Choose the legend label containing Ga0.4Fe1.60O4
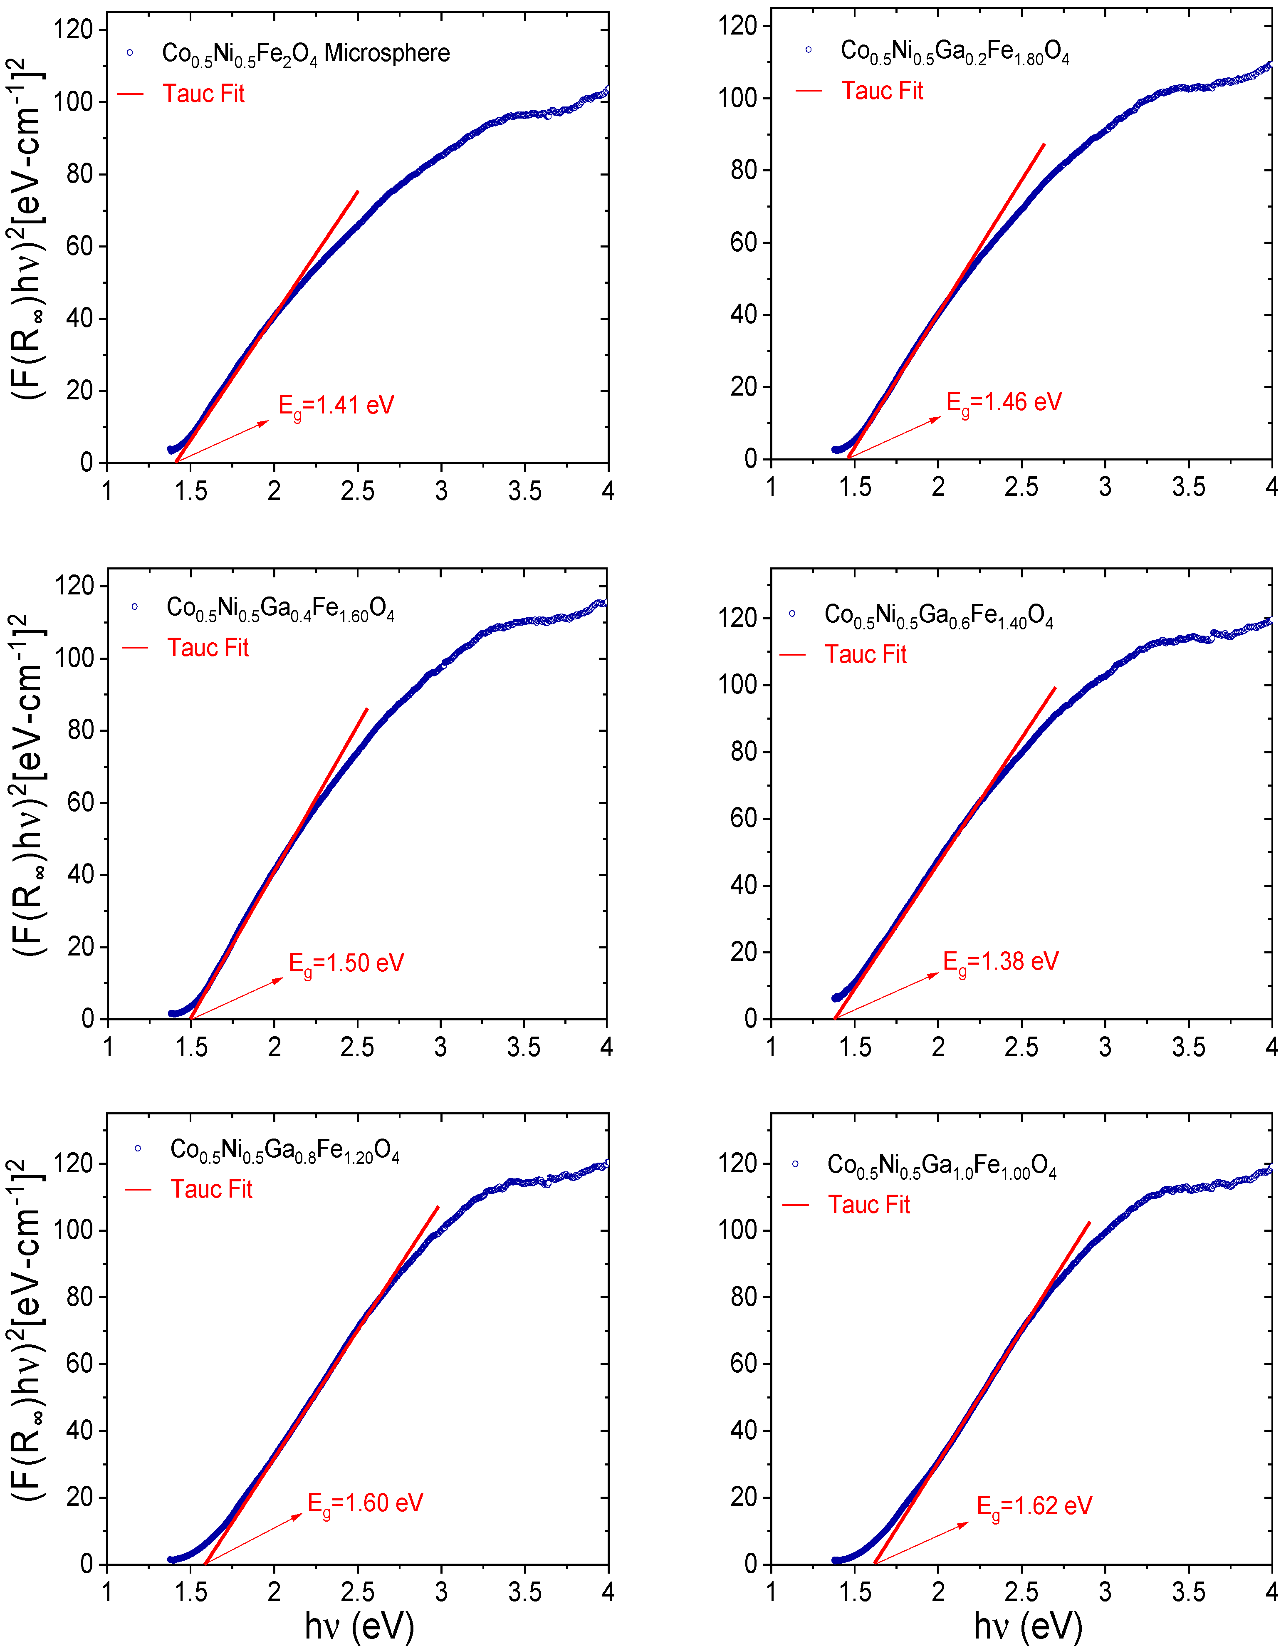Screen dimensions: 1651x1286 click(x=280, y=608)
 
